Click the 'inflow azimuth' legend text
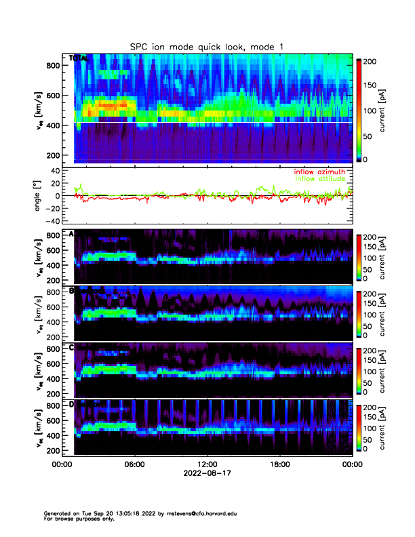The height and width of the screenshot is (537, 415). tap(319, 172)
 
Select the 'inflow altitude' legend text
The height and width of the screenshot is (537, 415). tap(319, 178)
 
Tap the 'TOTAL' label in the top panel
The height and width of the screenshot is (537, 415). tap(79, 59)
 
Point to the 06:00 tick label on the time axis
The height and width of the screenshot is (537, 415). tap(134, 465)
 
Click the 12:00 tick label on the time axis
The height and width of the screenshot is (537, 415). tap(207, 465)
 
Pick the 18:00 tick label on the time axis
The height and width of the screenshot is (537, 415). tap(279, 465)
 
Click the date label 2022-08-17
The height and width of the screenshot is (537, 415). tap(207, 474)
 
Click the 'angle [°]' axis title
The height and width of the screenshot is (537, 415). tap(39, 195)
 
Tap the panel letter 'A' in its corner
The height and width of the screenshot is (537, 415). tap(72, 235)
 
